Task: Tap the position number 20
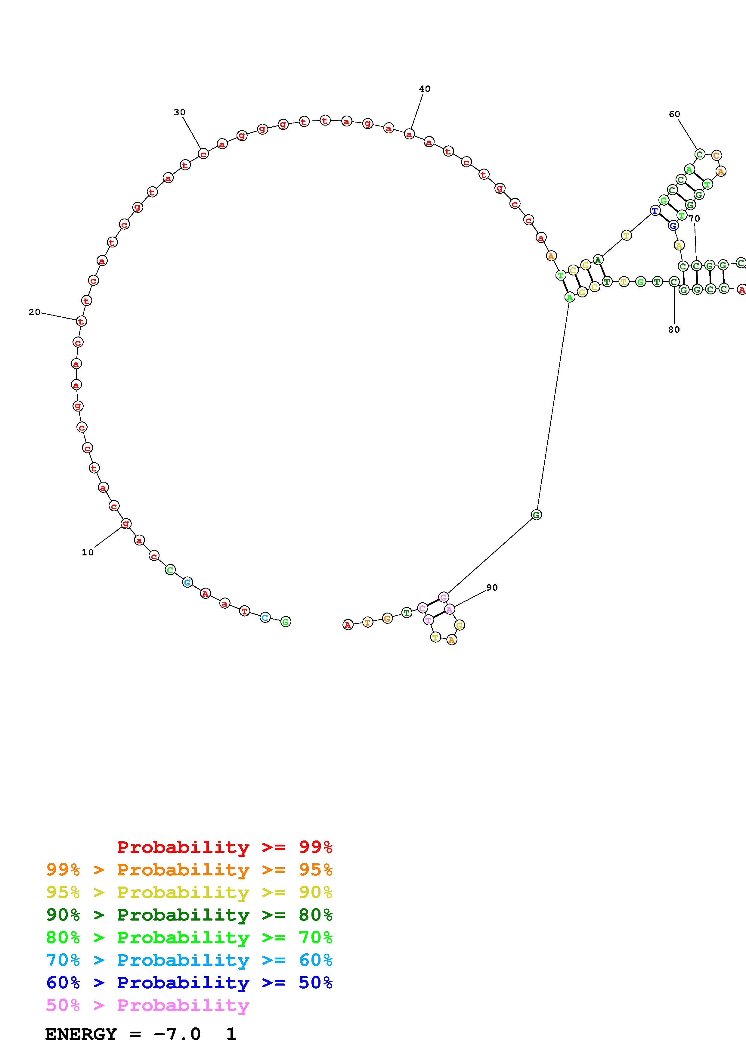(35, 312)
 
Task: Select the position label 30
(180, 112)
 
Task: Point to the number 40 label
(425, 89)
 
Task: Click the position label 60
(674, 114)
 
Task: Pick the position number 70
(694, 219)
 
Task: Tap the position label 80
(674, 330)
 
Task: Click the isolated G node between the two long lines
(536, 515)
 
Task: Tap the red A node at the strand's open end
(348, 625)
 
